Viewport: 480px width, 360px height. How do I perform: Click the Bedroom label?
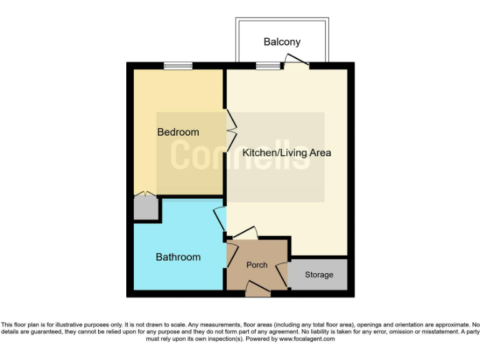tap(178, 132)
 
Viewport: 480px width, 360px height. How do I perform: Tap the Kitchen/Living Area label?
tap(287, 152)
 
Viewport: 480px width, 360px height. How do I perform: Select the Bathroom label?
tap(178, 257)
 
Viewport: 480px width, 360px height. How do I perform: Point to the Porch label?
tap(257, 265)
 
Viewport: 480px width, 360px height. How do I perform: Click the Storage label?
tap(319, 275)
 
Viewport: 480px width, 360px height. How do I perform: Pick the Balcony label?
tap(282, 42)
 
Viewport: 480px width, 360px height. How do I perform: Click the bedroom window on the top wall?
tap(178, 66)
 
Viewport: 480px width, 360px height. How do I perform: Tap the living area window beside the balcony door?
tap(267, 66)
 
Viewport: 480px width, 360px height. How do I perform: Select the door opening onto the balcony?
tap(296, 61)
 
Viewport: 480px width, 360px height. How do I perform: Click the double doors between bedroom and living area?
tap(231, 130)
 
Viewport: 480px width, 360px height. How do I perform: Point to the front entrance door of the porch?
tap(257, 289)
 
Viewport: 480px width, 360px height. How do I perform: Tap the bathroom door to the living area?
tap(219, 219)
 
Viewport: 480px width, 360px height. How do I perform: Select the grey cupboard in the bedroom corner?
tap(146, 207)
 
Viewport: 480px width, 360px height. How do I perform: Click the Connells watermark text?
tap(241, 154)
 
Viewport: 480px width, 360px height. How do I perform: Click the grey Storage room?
tap(319, 281)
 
